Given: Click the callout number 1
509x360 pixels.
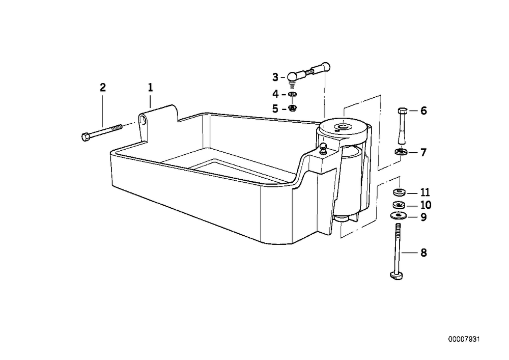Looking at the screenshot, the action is click(x=150, y=87).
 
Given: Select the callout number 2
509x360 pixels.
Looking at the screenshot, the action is click(x=103, y=87).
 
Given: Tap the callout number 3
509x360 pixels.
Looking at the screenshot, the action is click(x=275, y=77).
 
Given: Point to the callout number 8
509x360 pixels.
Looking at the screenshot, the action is click(x=423, y=253).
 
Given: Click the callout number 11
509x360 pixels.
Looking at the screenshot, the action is click(x=425, y=192).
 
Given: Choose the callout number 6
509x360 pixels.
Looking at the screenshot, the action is click(x=423, y=110).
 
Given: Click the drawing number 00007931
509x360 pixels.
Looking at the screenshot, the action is click(x=464, y=340).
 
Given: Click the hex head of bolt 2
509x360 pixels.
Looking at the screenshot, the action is click(x=86, y=137).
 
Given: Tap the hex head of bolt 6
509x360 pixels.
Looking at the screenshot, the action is click(x=402, y=110).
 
